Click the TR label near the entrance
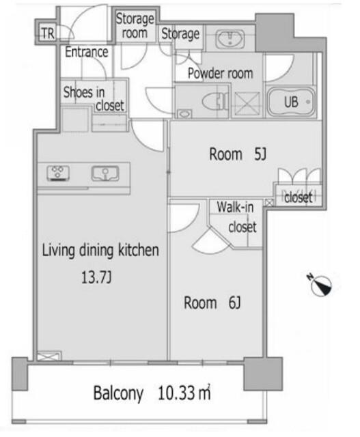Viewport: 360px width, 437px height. tap(49, 33)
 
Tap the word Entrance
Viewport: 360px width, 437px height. tap(87, 52)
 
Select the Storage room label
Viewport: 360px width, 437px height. tap(135, 26)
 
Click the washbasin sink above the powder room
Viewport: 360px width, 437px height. tap(231, 38)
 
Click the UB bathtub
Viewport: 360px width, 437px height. tap(292, 102)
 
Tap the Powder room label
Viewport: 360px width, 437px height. tap(220, 73)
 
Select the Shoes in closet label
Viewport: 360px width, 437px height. tap(94, 98)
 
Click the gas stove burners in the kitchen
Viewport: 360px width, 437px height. tap(58, 173)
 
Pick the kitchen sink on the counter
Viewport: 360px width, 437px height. tap(105, 173)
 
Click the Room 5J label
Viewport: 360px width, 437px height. tap(238, 154)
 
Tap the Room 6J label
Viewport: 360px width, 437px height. tap(212, 302)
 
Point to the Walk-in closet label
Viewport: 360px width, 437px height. tap(237, 217)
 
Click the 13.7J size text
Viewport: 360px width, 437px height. tap(96, 277)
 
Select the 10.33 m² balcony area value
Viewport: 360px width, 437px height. tap(184, 393)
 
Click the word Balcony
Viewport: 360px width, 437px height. tap(118, 393)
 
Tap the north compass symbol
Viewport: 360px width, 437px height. tap(320, 285)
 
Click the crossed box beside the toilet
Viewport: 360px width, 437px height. tap(247, 104)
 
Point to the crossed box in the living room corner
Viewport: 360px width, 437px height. tap(49, 356)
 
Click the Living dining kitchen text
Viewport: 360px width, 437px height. tap(100, 251)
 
